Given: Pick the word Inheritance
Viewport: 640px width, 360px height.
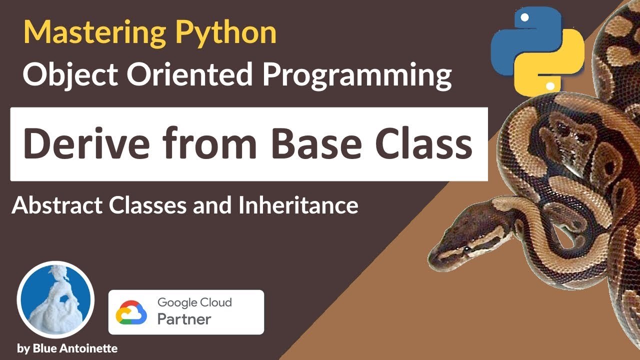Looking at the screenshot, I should (x=298, y=205).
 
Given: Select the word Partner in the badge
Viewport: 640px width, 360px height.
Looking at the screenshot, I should (x=184, y=319).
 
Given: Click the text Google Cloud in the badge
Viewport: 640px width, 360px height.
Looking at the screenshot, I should (x=194, y=302).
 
